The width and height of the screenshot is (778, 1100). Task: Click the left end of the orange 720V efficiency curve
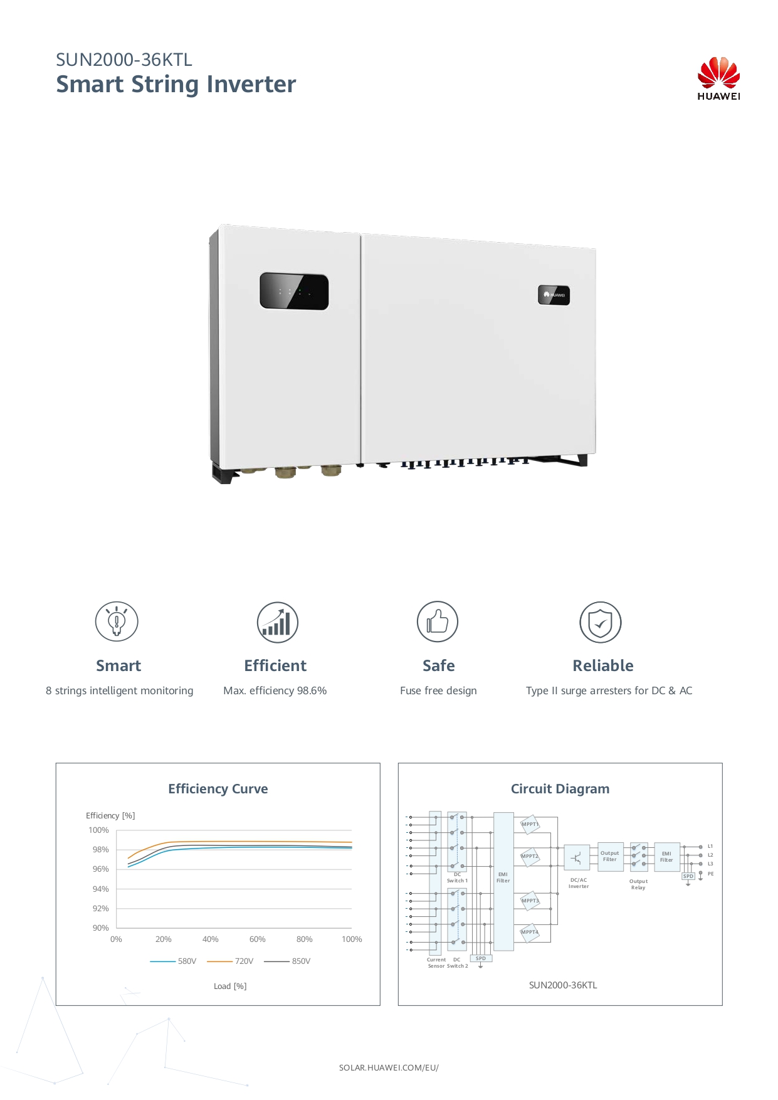[x=128, y=858]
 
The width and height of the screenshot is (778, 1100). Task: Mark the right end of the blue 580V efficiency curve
[x=352, y=849]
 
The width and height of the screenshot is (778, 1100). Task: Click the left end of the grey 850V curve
[x=128, y=864]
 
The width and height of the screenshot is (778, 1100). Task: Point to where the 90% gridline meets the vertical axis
[x=117, y=928]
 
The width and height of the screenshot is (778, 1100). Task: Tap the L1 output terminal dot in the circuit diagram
[x=700, y=847]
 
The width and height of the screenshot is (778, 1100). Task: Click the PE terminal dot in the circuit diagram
[x=700, y=873]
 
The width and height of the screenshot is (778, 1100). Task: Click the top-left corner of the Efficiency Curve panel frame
[x=56, y=763]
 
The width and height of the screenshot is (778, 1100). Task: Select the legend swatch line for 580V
[x=162, y=961]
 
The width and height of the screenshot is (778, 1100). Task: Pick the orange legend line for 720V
[x=219, y=961]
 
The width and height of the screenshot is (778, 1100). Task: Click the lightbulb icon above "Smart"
[x=117, y=621]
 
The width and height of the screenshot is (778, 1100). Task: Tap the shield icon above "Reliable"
[x=601, y=622]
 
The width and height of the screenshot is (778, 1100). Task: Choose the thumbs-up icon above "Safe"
[x=438, y=621]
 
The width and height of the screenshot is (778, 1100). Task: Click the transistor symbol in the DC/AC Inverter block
[x=577, y=857]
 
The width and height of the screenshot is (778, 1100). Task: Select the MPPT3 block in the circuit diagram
[x=530, y=901]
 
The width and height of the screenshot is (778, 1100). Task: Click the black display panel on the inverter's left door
[x=294, y=291]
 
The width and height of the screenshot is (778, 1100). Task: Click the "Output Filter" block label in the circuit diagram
[x=610, y=856]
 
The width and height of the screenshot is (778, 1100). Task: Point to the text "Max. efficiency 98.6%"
[x=275, y=690]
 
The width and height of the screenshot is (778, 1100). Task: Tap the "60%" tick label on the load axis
[x=257, y=939]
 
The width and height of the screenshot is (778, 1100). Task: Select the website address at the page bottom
[x=389, y=1067]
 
